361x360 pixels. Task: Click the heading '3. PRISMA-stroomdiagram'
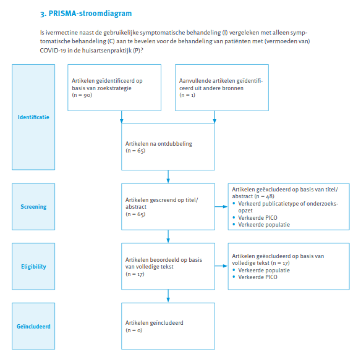86,14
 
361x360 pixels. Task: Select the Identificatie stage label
33,117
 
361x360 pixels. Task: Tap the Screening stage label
33,207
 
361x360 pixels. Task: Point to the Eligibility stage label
33,267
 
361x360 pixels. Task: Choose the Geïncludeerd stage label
33,327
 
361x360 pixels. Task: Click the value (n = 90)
82,95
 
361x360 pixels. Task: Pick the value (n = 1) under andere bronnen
187,95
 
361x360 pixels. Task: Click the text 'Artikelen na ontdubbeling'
159,144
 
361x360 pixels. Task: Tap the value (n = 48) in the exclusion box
265,196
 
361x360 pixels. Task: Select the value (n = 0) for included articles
134,330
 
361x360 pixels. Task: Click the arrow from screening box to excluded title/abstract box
221,207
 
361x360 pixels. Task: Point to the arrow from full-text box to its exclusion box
221,266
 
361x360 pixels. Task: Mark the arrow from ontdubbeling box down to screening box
168,177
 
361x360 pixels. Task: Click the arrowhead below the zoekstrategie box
122,121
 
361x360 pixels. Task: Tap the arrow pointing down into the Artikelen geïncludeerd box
168,296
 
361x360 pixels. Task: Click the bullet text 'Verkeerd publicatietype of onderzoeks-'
288,204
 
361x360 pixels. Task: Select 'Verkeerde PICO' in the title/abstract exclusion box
258,218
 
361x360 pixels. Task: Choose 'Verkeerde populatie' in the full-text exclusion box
264,270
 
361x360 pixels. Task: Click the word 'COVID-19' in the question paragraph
53,51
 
